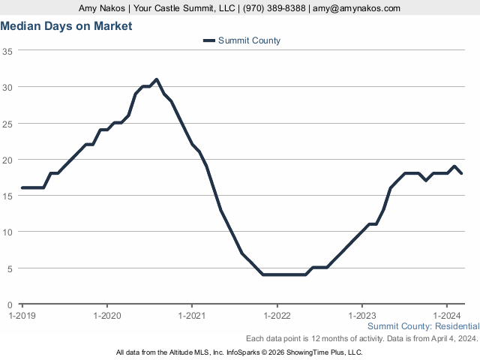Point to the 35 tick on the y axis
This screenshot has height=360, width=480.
(x=7, y=51)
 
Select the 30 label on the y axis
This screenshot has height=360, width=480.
(x=7, y=87)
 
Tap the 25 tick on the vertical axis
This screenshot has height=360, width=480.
(x=7, y=123)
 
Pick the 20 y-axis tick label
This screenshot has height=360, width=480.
(x=7, y=160)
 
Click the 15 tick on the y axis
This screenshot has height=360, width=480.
(x=7, y=196)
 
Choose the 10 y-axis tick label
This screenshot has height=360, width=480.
(x=7, y=232)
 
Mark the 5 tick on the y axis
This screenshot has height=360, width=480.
(x=10, y=268)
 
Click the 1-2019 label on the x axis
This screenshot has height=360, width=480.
(x=22, y=316)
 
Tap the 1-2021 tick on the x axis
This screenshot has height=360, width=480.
(x=192, y=316)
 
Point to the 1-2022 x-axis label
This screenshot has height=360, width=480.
(x=277, y=316)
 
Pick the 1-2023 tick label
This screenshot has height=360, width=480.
(x=362, y=316)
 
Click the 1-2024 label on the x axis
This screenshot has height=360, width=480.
(x=447, y=316)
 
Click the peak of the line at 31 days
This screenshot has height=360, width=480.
(x=156, y=79)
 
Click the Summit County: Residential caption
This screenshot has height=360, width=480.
(x=423, y=326)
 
